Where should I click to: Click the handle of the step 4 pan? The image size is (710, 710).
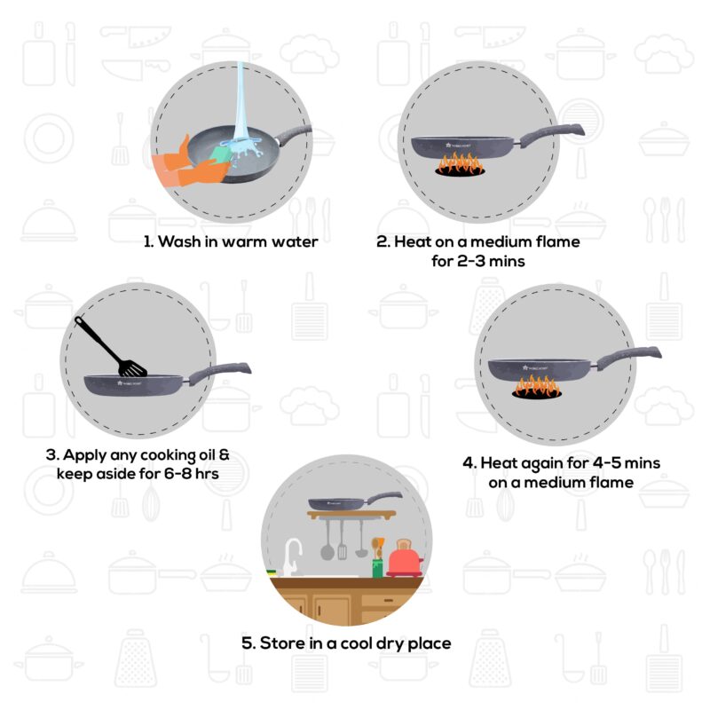tap(632, 356)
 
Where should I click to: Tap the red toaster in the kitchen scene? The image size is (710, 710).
tap(404, 559)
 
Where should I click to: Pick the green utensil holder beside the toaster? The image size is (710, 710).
tap(377, 564)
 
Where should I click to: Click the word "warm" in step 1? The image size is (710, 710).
tap(233, 241)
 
